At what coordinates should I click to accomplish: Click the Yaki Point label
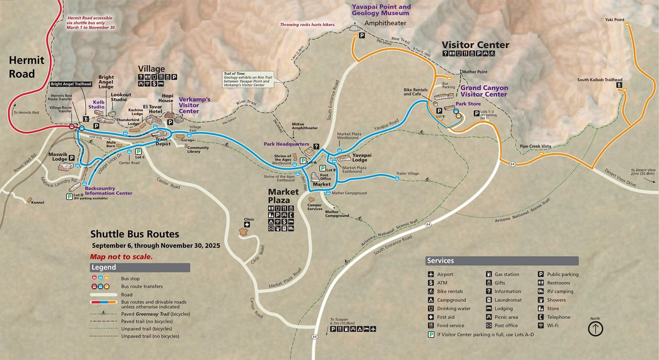click(614, 20)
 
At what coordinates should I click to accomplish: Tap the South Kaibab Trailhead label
click(599, 80)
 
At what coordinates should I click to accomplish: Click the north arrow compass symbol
click(595, 329)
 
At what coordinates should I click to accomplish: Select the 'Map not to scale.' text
click(121, 257)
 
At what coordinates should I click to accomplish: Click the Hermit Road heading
click(26, 67)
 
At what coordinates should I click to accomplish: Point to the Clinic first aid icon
click(247, 225)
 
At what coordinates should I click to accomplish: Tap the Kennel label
click(37, 202)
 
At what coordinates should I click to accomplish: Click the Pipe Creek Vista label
click(535, 146)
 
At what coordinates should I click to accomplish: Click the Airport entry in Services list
click(445, 274)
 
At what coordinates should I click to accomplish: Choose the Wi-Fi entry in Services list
click(553, 326)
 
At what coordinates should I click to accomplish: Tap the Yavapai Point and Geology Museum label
click(381, 10)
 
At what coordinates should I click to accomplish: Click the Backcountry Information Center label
click(108, 190)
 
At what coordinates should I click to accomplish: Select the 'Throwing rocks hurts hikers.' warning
click(308, 24)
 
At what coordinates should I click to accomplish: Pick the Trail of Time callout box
click(248, 79)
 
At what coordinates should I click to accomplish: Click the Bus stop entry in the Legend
click(130, 278)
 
